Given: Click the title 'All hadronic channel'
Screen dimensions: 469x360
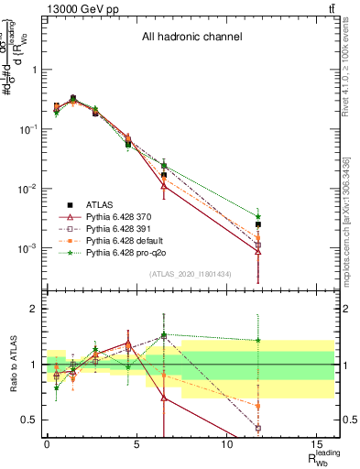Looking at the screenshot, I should point(191,38).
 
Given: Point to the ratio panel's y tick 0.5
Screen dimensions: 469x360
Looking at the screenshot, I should point(30,420).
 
